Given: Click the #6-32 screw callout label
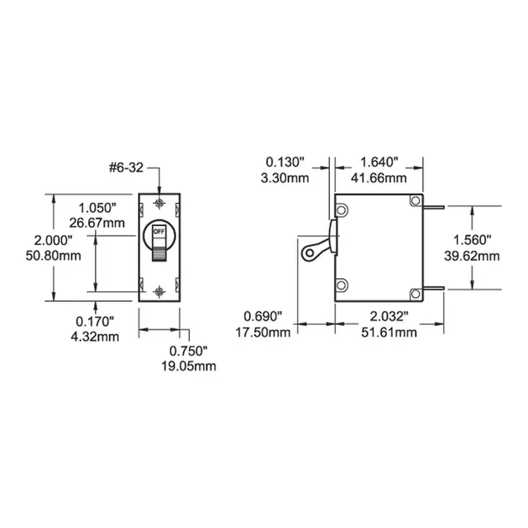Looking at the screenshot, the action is pyautogui.click(x=126, y=167).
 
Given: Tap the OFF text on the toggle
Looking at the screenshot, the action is pyautogui.click(x=159, y=232).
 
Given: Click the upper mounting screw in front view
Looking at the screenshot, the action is pyautogui.click(x=159, y=204).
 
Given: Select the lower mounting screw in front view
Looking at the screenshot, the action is pyautogui.click(x=159, y=291).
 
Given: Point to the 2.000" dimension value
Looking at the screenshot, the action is pyautogui.click(x=53, y=240).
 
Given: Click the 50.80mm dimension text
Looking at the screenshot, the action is pyautogui.click(x=53, y=256).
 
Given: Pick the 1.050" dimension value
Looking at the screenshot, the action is pyautogui.click(x=97, y=208).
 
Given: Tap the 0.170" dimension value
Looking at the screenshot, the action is pyautogui.click(x=95, y=322).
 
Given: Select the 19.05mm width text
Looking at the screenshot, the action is pyautogui.click(x=189, y=366).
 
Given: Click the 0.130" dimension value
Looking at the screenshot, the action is pyautogui.click(x=285, y=162).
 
